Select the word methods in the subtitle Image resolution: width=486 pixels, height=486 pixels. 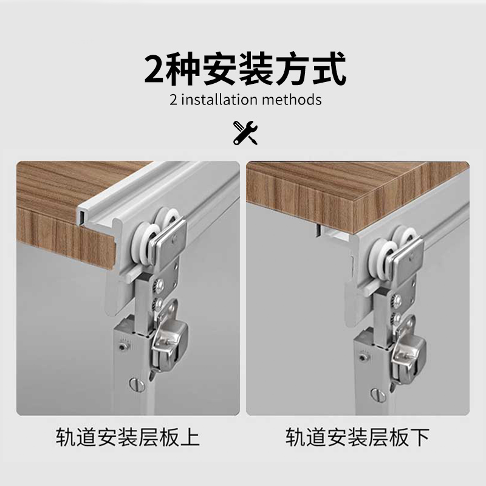pyautogui.click(x=293, y=100)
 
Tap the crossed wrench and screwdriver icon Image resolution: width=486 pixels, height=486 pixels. pyautogui.click(x=245, y=133)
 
